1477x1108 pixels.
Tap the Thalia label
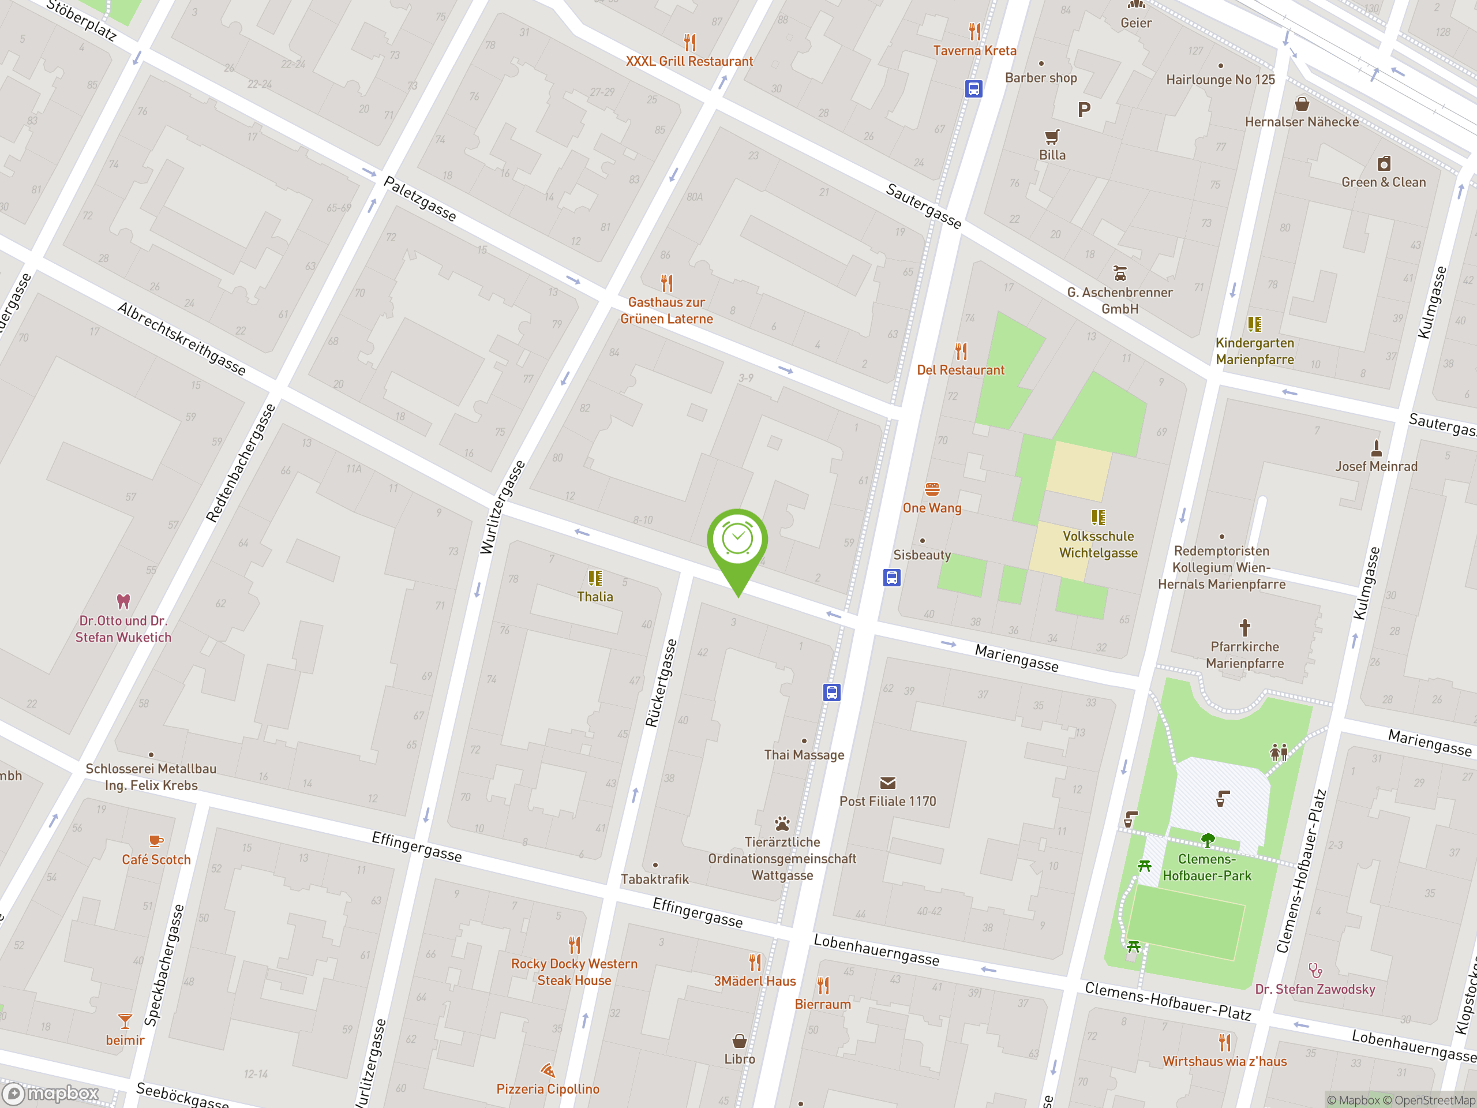pyautogui.click(x=594, y=596)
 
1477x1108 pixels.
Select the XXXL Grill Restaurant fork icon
pyautogui.click(x=690, y=42)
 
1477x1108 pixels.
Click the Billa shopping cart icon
pyautogui.click(x=1052, y=137)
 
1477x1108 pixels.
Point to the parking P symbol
pyautogui.click(x=1084, y=110)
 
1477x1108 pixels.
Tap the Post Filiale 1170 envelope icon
pyautogui.click(x=887, y=783)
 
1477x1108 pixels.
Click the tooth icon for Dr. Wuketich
pyautogui.click(x=123, y=601)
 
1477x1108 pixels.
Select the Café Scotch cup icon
pyautogui.click(x=156, y=841)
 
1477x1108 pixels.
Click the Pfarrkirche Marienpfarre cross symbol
pyautogui.click(x=1244, y=627)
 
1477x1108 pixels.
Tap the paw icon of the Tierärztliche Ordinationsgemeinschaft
pyautogui.click(x=782, y=823)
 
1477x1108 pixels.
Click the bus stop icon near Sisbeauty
pyautogui.click(x=891, y=577)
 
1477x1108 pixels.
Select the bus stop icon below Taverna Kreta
pyautogui.click(x=973, y=88)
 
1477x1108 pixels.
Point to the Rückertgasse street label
pyautogui.click(x=661, y=683)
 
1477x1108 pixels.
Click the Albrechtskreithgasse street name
pyautogui.click(x=181, y=339)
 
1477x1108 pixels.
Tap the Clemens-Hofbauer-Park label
pyautogui.click(x=1206, y=867)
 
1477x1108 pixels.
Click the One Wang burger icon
pyautogui.click(x=932, y=489)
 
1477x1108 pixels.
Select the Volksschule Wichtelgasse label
pyautogui.click(x=1098, y=544)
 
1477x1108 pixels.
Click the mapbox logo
pyautogui.click(x=51, y=1094)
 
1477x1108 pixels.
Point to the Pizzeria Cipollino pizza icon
pyautogui.click(x=548, y=1070)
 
